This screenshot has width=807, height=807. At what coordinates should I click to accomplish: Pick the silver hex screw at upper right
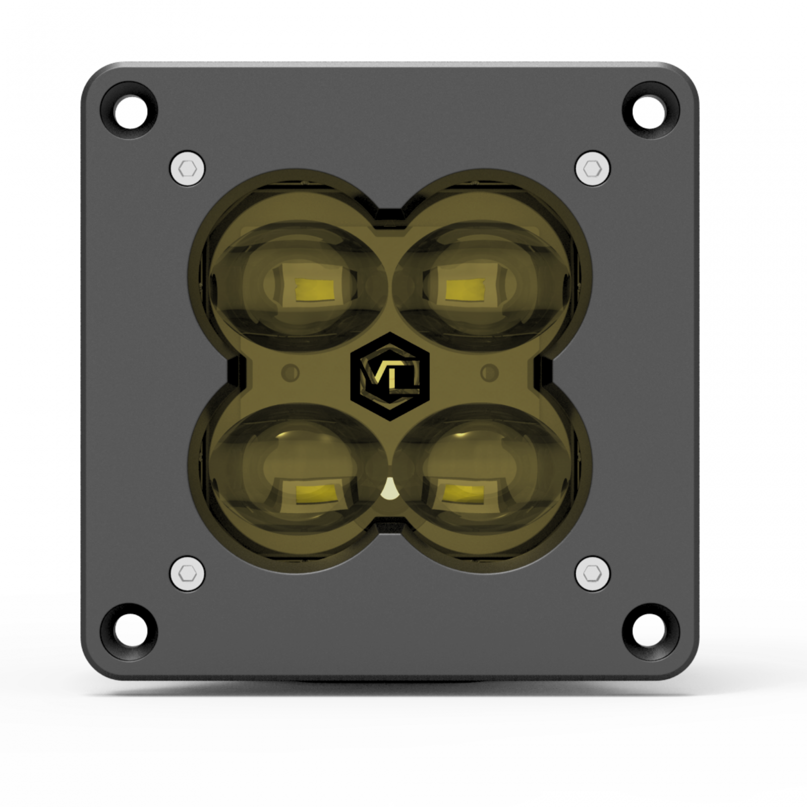click(592, 168)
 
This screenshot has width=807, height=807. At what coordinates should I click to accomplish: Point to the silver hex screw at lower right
click(592, 573)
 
